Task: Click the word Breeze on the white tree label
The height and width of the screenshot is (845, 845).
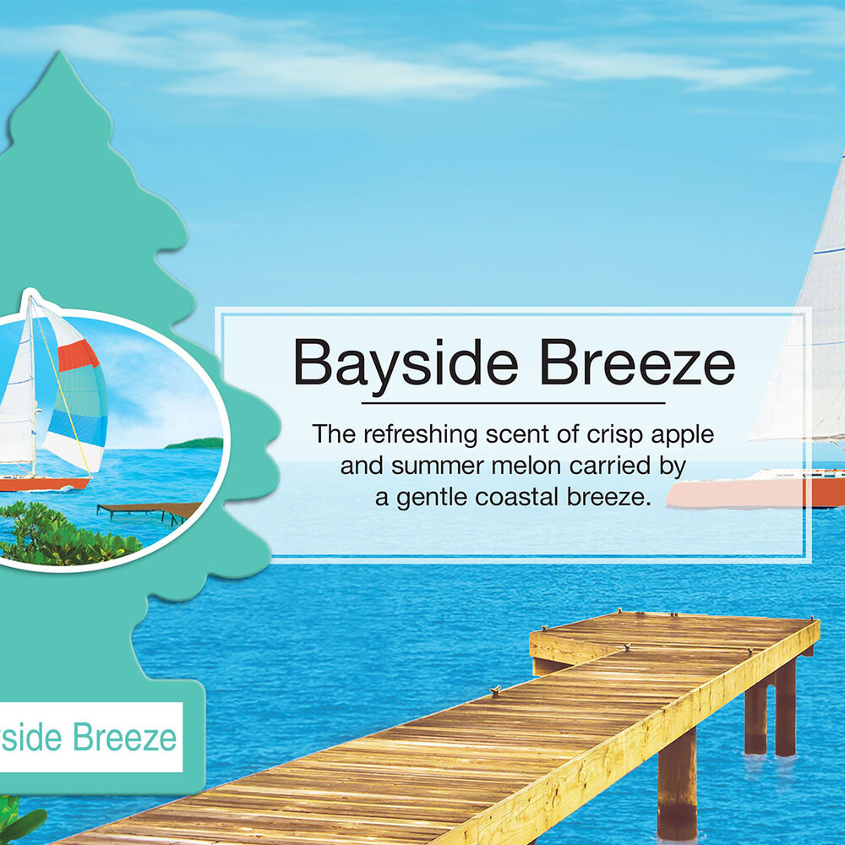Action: coord(124,737)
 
